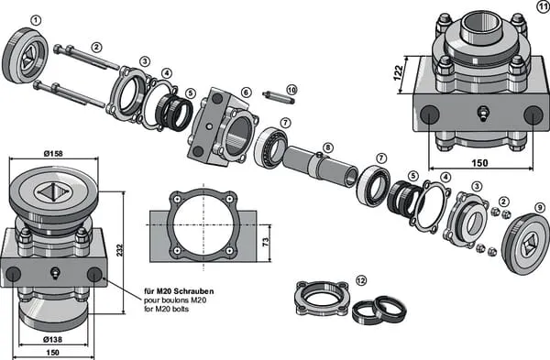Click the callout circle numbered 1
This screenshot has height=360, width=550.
36,20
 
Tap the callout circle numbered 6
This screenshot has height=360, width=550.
247,93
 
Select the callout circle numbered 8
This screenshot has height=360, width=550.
327,147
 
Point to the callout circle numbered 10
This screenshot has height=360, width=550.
291,90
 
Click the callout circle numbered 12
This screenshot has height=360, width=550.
361,280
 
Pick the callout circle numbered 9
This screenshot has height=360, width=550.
540,208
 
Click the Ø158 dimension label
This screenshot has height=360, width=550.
53,154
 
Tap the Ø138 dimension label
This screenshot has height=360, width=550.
52,339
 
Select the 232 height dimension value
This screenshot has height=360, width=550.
120,250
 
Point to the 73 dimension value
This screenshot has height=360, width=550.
266,242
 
